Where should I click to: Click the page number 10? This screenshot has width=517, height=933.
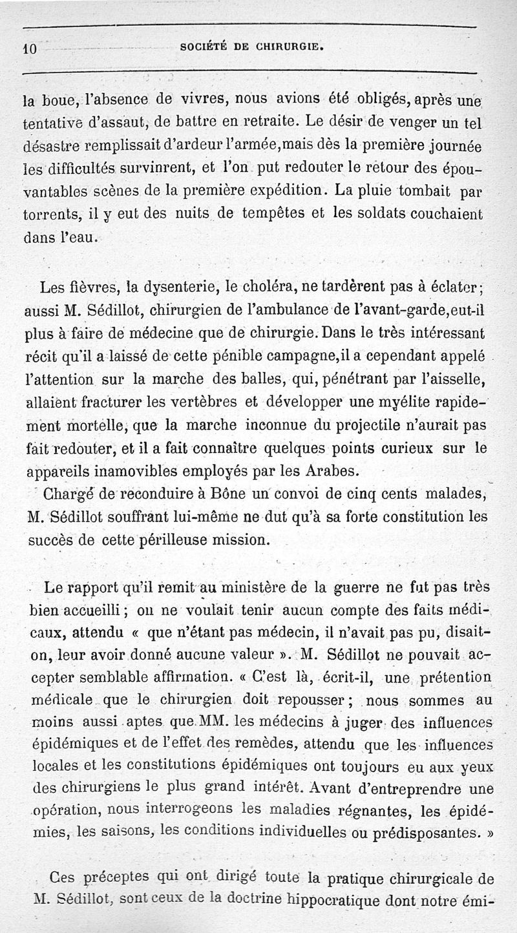[30, 48]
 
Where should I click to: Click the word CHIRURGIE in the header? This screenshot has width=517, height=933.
[287, 47]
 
